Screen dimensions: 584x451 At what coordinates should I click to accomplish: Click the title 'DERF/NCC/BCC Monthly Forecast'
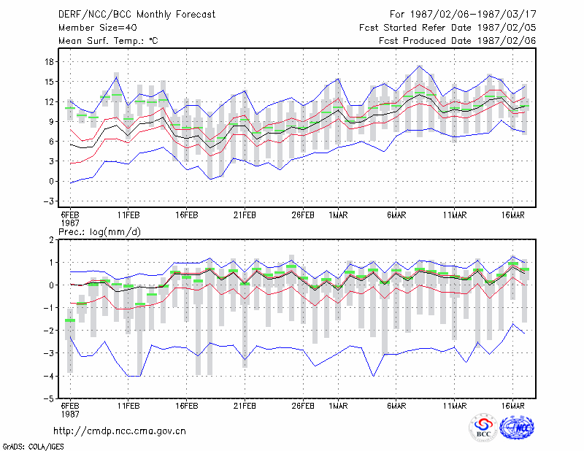coord(137,15)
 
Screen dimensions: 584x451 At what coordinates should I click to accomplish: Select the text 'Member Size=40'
coord(98,28)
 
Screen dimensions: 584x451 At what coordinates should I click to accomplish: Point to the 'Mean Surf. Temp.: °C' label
coord(108,41)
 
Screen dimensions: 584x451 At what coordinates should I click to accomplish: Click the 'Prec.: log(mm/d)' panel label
coord(99,232)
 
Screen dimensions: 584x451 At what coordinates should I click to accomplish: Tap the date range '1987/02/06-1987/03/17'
coord(473,15)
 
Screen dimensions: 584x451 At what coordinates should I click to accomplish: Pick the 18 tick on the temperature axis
coord(49,62)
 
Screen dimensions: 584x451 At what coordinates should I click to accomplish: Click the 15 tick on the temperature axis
coord(49,82)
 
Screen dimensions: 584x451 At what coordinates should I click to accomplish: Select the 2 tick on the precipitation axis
coord(51,240)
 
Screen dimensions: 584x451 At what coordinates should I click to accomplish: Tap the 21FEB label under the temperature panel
coord(245,215)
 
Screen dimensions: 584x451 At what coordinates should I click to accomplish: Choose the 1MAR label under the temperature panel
coord(338,215)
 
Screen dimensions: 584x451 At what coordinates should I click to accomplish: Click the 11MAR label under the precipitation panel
coord(455,406)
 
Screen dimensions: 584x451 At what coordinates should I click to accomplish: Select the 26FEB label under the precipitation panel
coord(303,406)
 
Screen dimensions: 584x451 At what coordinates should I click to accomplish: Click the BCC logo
coord(483,428)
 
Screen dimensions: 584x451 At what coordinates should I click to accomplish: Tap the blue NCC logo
coord(517,428)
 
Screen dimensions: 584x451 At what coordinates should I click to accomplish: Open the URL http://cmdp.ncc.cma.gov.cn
coord(120,431)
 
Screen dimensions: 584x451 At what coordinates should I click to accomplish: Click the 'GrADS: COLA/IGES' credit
coord(34,447)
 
